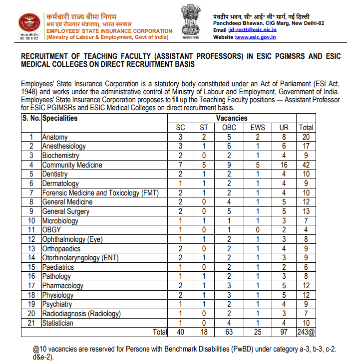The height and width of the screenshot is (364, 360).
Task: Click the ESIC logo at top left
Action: coord(29,25)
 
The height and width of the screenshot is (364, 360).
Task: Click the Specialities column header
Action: coord(60,118)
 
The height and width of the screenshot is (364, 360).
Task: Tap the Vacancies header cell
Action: coord(232,118)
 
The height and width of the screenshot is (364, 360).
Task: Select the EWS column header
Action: coord(258,128)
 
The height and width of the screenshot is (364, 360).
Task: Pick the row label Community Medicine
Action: coord(72,165)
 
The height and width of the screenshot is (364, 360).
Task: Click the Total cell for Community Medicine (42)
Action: coord(306,165)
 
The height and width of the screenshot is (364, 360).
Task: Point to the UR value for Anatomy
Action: coord(284,137)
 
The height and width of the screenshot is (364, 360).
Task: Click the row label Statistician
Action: coord(57,323)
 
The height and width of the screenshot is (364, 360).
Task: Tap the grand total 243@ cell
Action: coord(306,332)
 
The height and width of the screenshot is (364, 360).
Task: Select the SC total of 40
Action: coord(181,332)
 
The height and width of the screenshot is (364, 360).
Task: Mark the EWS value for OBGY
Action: coord(258,230)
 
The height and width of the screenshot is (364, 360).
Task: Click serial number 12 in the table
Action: coord(31,239)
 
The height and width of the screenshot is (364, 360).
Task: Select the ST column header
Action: coord(204,128)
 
